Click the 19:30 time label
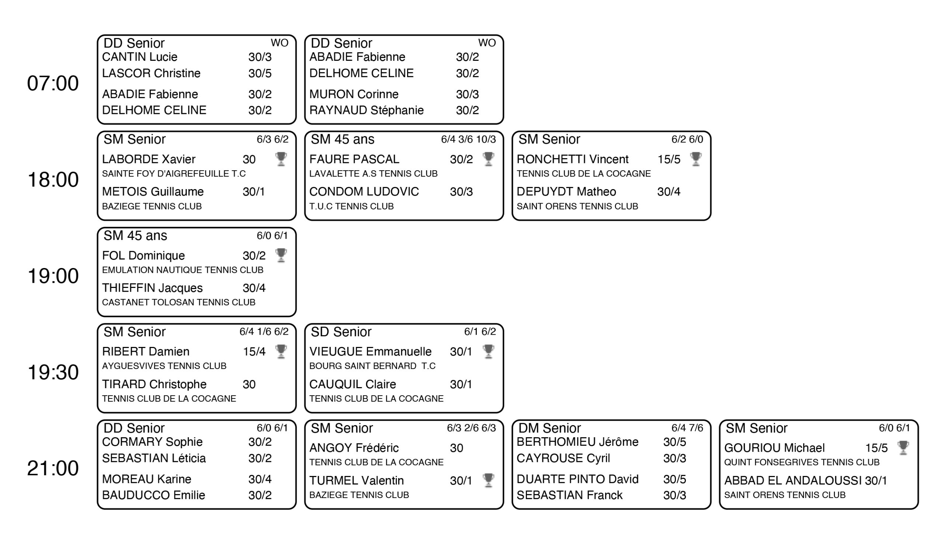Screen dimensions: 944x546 (53, 372)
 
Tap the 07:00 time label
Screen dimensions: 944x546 (53, 83)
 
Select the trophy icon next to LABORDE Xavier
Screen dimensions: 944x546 (281, 159)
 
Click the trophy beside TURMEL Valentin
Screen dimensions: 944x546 (488, 480)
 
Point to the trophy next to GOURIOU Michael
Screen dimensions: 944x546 (903, 448)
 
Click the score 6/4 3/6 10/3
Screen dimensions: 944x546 (468, 139)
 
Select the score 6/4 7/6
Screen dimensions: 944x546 (687, 428)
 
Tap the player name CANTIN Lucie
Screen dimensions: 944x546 (140, 57)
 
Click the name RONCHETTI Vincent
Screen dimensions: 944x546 (572, 159)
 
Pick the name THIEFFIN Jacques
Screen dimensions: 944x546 (152, 288)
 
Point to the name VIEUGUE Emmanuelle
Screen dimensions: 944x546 (371, 351)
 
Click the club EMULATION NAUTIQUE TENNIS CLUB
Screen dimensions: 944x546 (183, 269)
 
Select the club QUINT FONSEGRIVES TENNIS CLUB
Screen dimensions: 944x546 (802, 462)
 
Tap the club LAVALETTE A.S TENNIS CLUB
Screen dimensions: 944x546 (374, 173)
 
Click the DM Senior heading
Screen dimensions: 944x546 (549, 428)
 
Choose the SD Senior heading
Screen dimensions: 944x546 (341, 332)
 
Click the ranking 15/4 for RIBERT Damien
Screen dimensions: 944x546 (254, 351)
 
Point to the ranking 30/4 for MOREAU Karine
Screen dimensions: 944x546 (260, 479)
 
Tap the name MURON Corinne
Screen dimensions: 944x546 (354, 94)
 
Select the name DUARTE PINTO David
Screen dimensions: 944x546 (577, 479)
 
